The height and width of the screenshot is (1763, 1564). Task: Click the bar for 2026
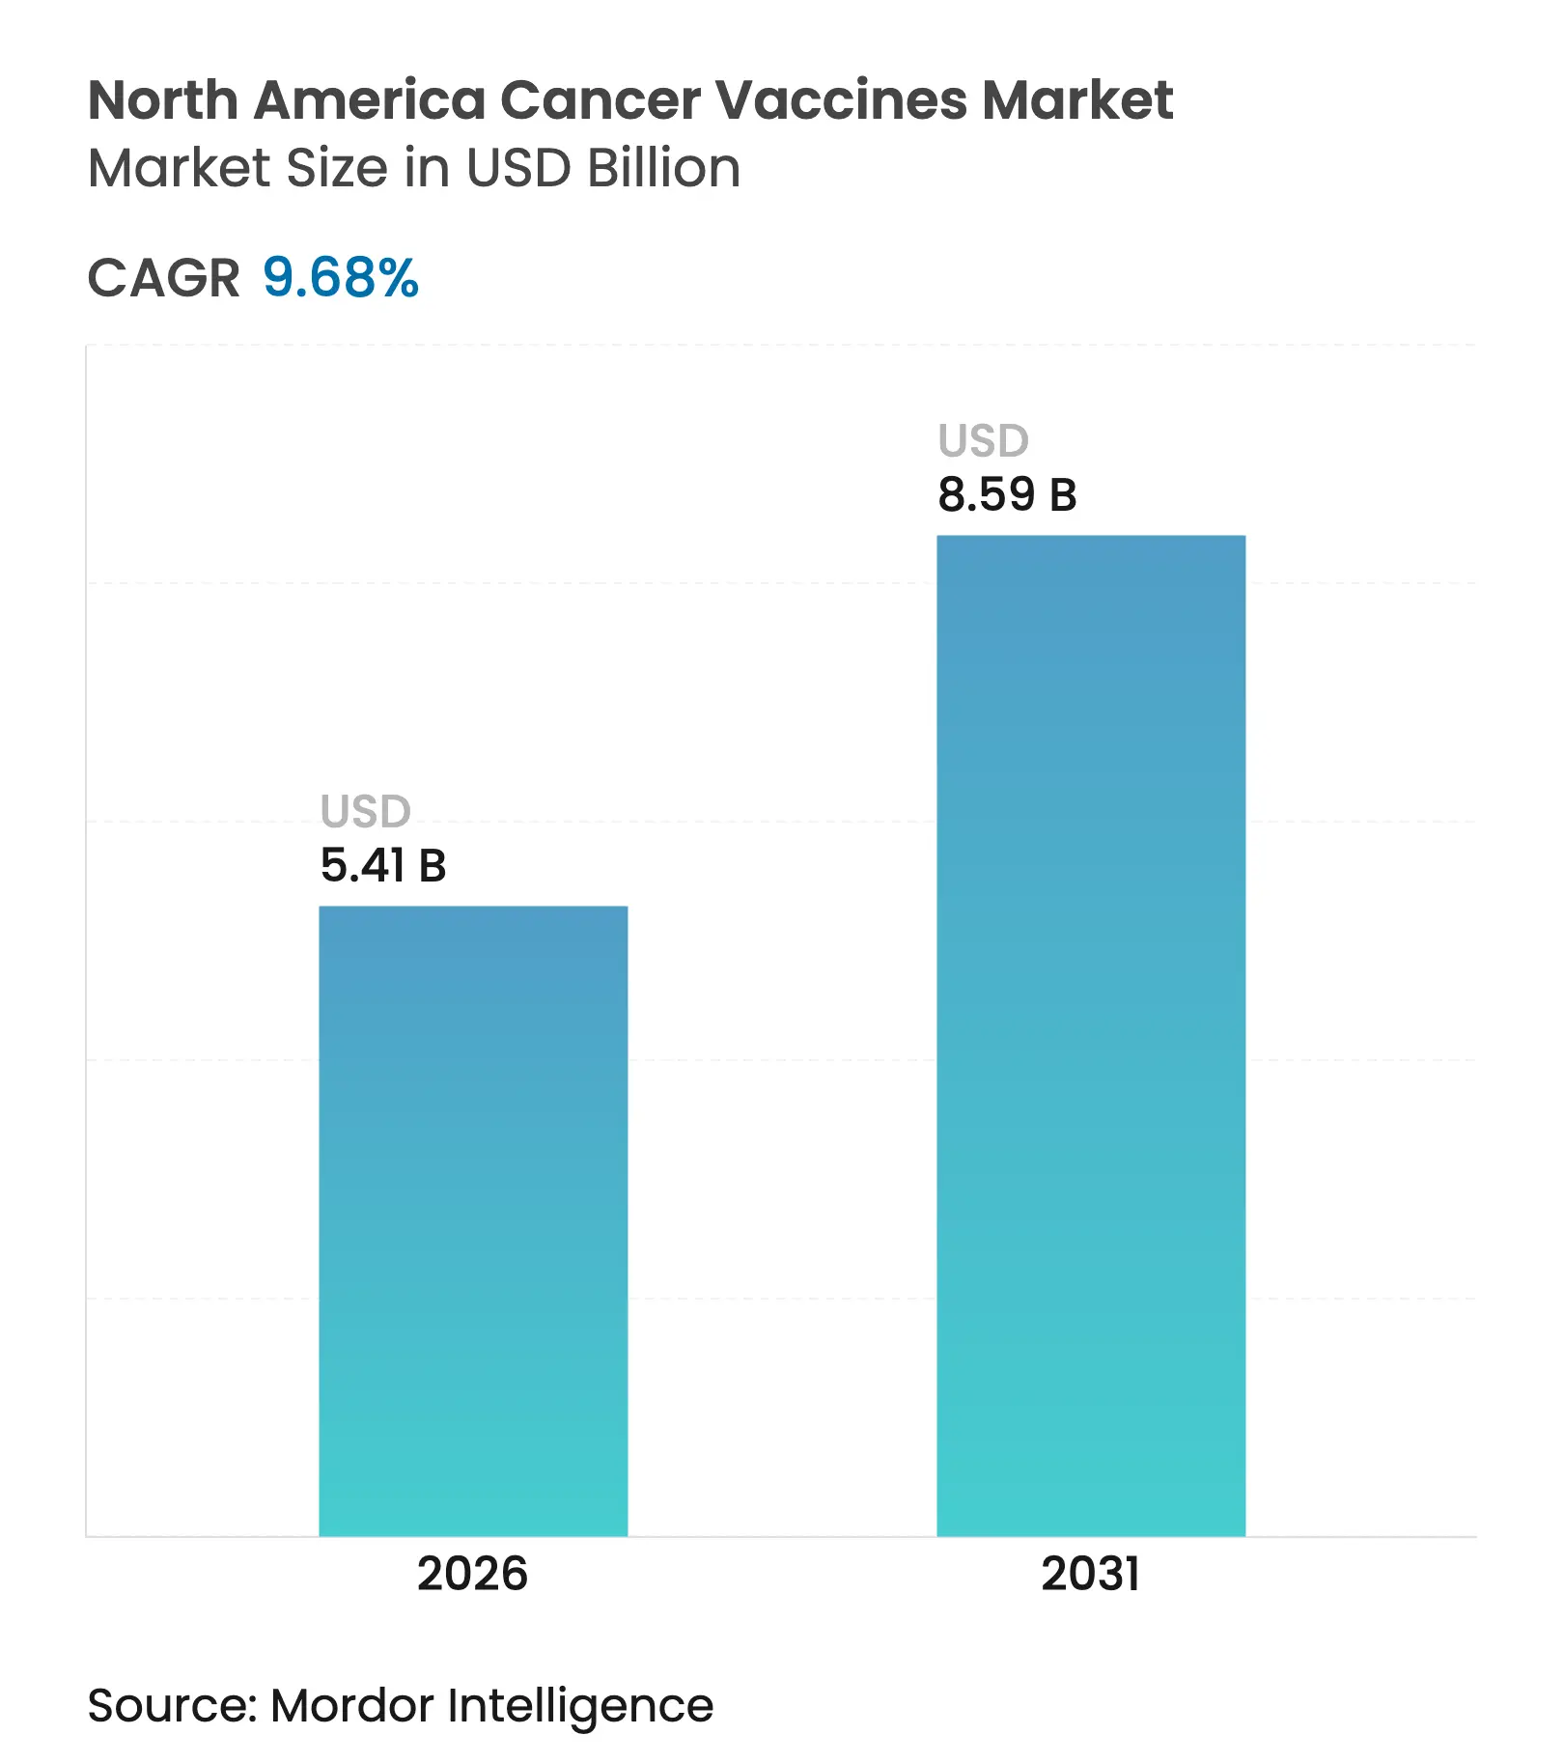click(473, 1220)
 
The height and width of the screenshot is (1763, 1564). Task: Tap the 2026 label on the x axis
click(472, 1575)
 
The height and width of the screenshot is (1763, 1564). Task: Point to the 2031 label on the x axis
click(1090, 1575)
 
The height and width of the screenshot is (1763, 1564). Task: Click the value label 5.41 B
click(383, 865)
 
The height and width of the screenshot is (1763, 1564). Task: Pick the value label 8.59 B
click(1007, 494)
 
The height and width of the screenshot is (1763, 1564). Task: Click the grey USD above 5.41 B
click(366, 811)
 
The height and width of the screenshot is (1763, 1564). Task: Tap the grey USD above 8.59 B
click(984, 441)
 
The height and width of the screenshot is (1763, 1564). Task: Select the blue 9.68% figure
click(341, 278)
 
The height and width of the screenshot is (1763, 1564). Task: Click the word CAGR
click(163, 279)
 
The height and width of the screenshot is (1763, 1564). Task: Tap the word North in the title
click(163, 100)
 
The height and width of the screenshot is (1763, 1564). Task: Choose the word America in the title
click(369, 100)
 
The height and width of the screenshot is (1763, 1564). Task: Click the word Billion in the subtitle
click(663, 168)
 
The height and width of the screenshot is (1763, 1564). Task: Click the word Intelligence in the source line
click(580, 1707)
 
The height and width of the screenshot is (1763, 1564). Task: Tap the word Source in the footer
click(170, 1705)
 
